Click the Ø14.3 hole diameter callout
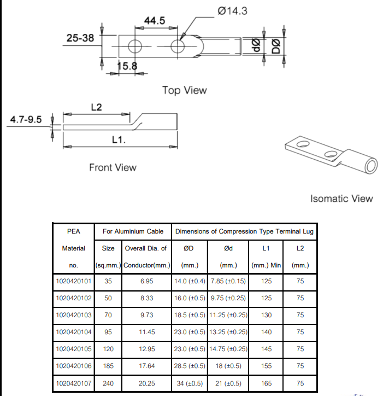tap(232, 10)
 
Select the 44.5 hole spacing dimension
tap(154, 20)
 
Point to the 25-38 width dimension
tap(80, 38)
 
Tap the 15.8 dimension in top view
tap(127, 67)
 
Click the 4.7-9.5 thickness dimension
tap(26, 120)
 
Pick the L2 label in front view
tap(96, 107)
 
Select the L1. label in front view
tap(119, 140)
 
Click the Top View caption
tap(184, 90)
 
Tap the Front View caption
tap(113, 167)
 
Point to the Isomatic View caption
tap(341, 199)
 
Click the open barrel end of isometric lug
tap(372, 165)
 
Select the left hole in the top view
tap(135, 46)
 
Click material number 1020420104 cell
tap(74, 331)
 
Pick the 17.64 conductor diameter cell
tap(146, 366)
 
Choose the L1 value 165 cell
tap(266, 383)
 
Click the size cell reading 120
tap(108, 349)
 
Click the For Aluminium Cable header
tap(133, 231)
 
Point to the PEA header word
tap(74, 231)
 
